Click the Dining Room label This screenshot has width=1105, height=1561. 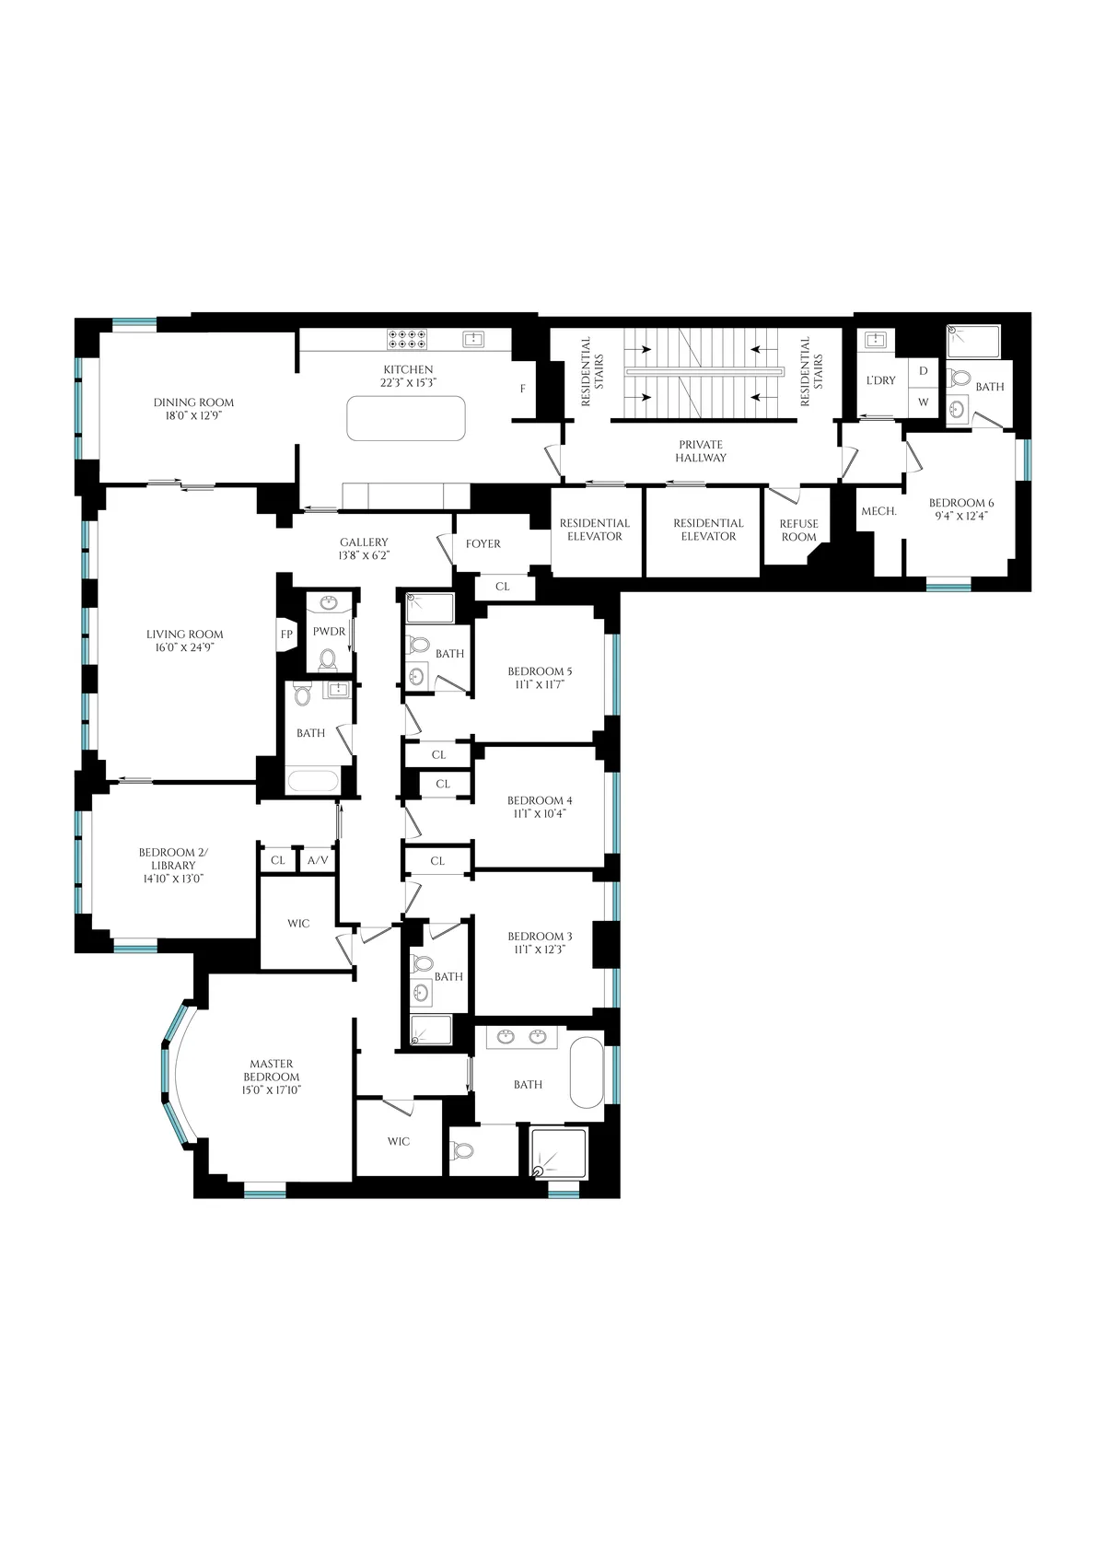(x=193, y=409)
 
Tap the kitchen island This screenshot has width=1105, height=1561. (x=406, y=418)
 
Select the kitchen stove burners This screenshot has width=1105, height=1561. (x=407, y=339)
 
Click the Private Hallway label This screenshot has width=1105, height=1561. (x=700, y=451)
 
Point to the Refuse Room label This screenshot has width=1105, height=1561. (x=798, y=530)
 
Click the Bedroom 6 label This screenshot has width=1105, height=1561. (x=961, y=509)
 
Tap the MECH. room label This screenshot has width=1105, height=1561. (x=878, y=511)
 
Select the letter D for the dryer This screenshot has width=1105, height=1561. (x=923, y=370)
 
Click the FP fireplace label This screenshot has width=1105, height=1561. (x=286, y=635)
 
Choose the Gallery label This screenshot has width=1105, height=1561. (x=364, y=549)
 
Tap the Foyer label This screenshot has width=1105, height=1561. (x=483, y=544)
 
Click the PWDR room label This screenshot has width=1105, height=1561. (x=329, y=632)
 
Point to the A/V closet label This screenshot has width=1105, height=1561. (x=317, y=860)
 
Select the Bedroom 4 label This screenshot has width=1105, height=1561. (x=540, y=807)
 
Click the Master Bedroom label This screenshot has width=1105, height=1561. (x=272, y=1077)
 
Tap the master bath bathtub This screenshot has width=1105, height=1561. (x=587, y=1072)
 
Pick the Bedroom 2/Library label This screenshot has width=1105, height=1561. (x=173, y=866)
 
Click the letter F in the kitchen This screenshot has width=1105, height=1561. (x=523, y=389)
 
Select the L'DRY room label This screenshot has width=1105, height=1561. (x=881, y=380)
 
